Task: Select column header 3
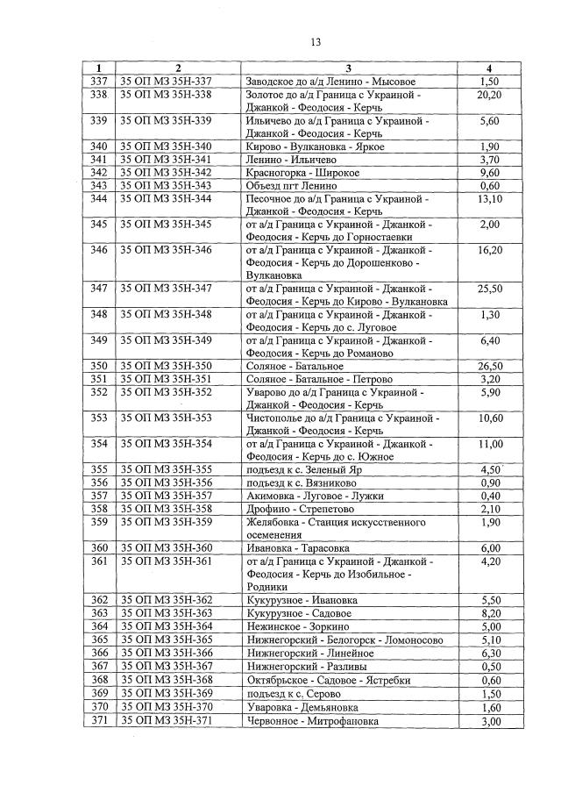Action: [348, 68]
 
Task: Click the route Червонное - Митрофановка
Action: [314, 721]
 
